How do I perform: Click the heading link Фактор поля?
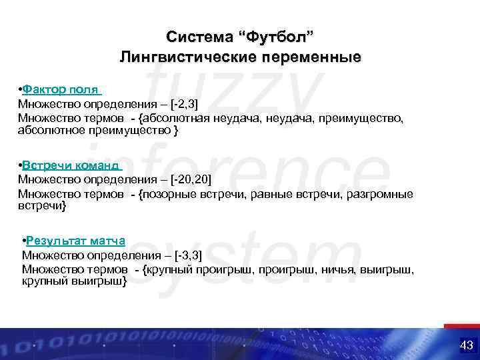click(61, 89)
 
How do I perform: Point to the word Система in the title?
click(193, 35)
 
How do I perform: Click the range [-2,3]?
click(184, 103)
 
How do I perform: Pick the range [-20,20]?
click(191, 179)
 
